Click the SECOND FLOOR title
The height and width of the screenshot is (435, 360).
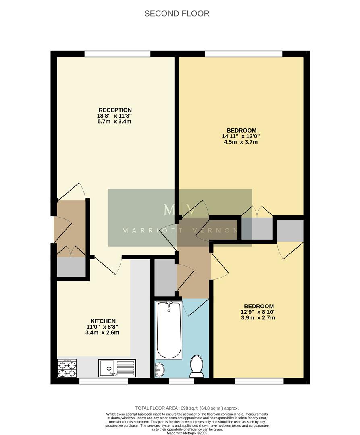click(x=177, y=14)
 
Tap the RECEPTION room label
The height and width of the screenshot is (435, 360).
click(x=115, y=110)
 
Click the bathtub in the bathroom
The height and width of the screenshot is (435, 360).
click(x=169, y=330)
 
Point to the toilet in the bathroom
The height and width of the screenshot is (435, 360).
click(x=197, y=366)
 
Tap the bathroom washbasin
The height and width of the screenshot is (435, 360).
click(x=160, y=369)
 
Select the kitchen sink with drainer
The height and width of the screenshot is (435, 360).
click(x=117, y=368)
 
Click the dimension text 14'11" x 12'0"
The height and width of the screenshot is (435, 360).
click(x=241, y=136)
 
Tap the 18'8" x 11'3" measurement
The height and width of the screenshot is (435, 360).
click(x=115, y=116)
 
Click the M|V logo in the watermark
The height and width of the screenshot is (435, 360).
click(x=180, y=209)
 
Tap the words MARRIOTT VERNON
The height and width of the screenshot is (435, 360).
click(x=180, y=231)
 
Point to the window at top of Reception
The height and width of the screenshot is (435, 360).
click(x=117, y=54)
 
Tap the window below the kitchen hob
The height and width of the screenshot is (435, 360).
click(x=103, y=381)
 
